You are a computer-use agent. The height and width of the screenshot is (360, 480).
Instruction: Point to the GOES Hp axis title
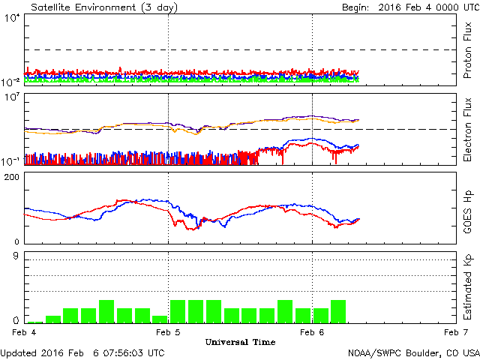coord(467,208)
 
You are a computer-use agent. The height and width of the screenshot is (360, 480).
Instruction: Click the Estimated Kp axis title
coord(467,287)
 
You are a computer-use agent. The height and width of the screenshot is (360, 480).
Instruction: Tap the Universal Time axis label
coord(240,342)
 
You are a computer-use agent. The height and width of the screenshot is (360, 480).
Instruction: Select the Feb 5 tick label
coord(168,332)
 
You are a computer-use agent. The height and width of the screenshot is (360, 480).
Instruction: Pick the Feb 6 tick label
coord(312,332)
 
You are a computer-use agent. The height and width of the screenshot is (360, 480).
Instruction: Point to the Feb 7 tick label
coord(455,332)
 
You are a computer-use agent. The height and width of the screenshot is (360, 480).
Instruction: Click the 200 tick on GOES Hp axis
coord(13,178)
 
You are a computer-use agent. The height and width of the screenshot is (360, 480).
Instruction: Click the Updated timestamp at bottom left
coord(82,352)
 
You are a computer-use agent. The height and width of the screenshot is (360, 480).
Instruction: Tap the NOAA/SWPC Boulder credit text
coord(413,352)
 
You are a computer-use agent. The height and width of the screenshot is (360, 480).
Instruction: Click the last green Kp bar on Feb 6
coord(338,311)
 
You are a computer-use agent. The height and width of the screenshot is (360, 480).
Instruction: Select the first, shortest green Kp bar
coord(34,322)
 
